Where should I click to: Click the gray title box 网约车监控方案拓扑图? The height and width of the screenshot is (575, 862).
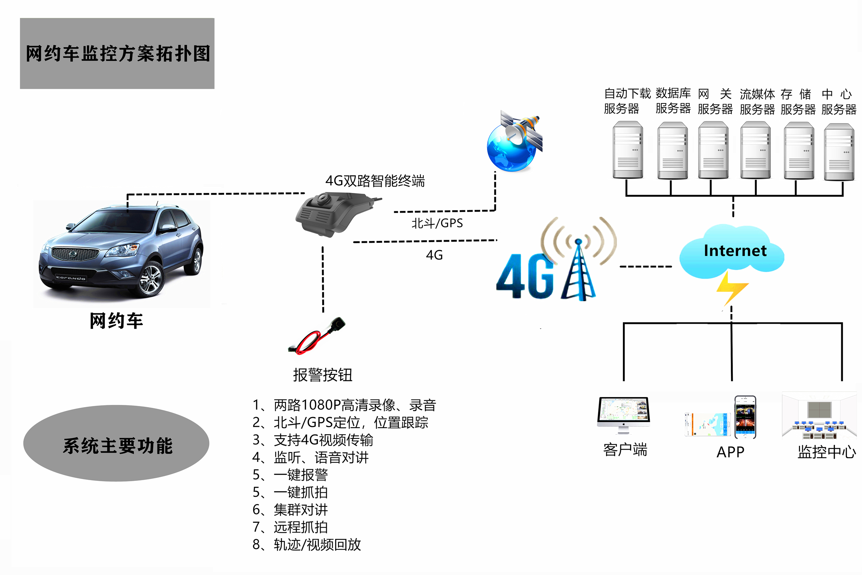(x=117, y=54)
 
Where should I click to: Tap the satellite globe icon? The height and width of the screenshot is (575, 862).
(x=514, y=141)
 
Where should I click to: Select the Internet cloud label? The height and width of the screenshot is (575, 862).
(x=735, y=251)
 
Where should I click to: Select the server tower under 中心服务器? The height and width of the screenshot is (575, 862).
(x=839, y=152)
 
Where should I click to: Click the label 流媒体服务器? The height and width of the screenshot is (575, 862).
(x=757, y=102)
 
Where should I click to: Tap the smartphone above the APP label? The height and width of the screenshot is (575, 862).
(x=745, y=417)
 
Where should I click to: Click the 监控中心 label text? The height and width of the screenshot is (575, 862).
(x=827, y=452)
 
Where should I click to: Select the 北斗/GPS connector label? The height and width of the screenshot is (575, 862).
(x=437, y=223)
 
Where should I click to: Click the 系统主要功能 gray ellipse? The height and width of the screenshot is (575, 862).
(x=116, y=443)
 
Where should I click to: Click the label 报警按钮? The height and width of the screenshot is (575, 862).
(x=323, y=375)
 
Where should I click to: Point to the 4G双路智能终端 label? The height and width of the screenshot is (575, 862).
(x=375, y=181)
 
